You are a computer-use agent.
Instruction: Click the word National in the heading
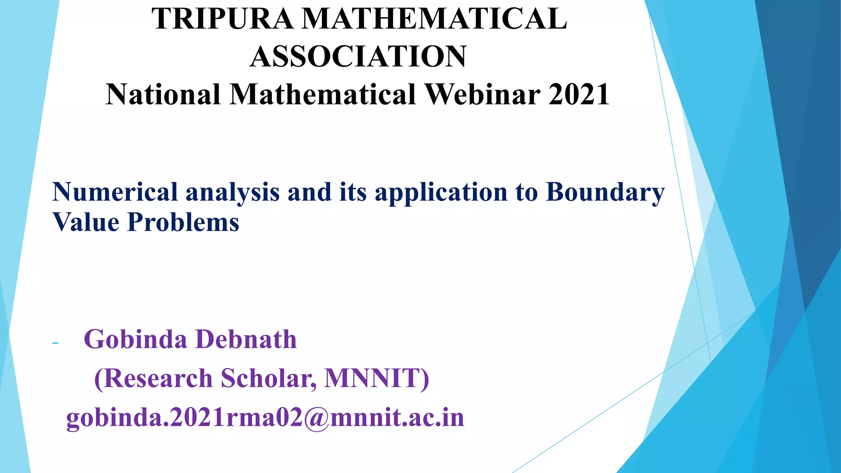click(163, 94)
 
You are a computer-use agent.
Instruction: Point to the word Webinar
click(482, 94)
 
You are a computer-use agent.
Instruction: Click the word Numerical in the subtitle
click(115, 192)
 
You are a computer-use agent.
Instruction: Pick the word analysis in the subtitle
click(232, 192)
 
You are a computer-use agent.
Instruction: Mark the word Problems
click(183, 222)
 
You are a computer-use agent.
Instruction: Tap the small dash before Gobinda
click(56, 342)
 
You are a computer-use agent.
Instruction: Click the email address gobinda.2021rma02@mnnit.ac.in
click(265, 418)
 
